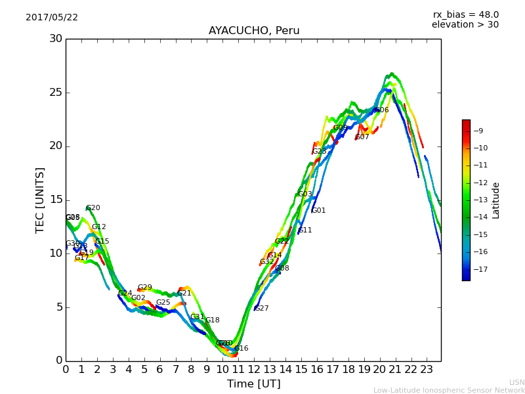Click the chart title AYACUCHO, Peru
253,31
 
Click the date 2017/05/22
52,18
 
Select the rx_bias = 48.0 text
465,14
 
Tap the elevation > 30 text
465,25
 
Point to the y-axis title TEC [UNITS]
41,200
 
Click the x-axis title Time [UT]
253,383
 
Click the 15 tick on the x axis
301,370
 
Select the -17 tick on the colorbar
482,269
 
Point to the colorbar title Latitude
496,200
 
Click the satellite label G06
382,110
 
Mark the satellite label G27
262,309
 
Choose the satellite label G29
145,288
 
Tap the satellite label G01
319,211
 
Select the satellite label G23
320,152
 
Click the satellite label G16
241,349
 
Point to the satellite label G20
93,208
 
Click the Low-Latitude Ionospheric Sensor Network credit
449,390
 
